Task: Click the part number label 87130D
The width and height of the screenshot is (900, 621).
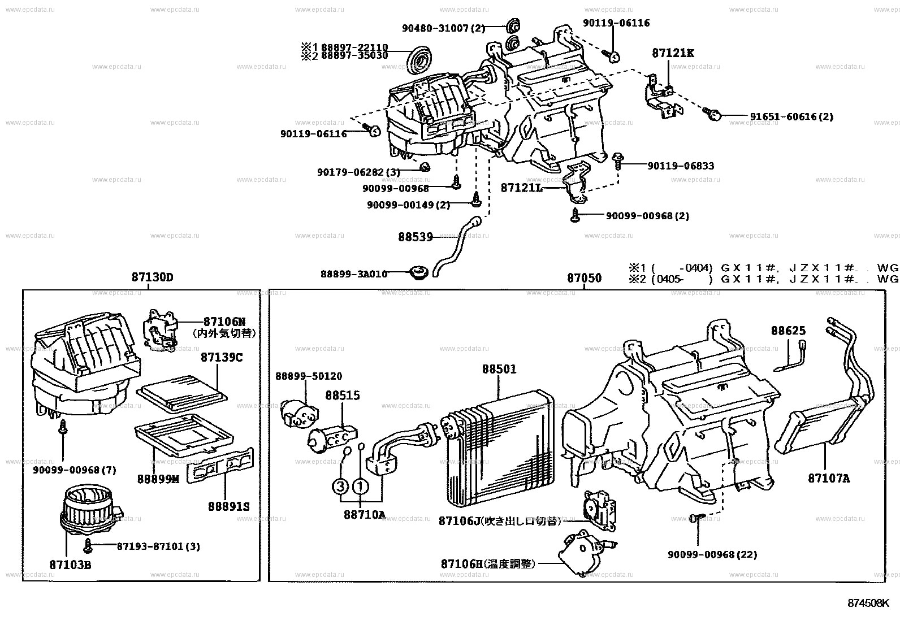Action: pos(152,277)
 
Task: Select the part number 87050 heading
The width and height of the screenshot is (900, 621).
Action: pos(584,278)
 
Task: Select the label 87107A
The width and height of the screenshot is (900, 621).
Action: pos(828,478)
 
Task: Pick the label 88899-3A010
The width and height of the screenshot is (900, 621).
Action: pos(354,274)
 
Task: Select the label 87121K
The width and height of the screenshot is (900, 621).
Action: pos(672,53)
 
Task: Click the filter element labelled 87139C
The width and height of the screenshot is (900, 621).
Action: pos(182,394)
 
